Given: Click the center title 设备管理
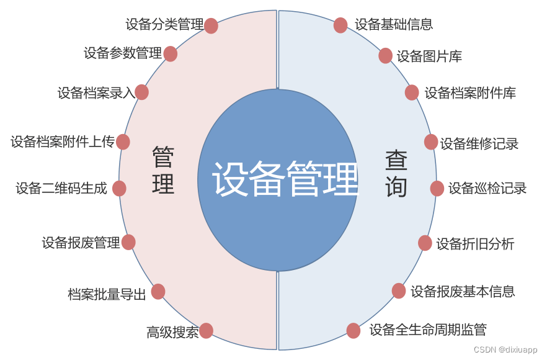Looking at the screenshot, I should coord(285,180).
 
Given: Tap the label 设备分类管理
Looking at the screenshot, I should coord(164,25).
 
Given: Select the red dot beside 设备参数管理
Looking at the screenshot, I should coord(171,54).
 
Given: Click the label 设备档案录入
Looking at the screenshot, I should coord(96,93).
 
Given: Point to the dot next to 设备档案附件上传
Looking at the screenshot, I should coord(123,142).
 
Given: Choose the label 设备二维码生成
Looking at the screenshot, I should coord(61,188).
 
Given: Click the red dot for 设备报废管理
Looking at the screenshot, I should coord(128,242).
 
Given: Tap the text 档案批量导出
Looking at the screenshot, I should coord(107,294).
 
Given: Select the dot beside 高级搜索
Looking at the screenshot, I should coord(206,331).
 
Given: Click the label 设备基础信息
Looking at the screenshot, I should coord(394,25).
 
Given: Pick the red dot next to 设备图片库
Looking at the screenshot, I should coord(385,56).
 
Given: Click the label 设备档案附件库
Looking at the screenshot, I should coord(470,93).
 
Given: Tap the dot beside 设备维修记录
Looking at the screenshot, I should coord(431,142).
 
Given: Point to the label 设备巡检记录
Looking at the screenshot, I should coord(487,188).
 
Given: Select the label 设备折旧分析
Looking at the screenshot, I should coord(475,243).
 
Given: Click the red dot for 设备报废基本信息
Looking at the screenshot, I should coord(399,290).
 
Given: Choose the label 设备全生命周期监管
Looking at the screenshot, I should coord(428,330).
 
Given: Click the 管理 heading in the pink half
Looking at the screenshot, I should coord(163,171).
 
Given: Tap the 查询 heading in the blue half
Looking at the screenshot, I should coord(396,174).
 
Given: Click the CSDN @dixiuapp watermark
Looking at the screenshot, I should coord(505,350).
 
